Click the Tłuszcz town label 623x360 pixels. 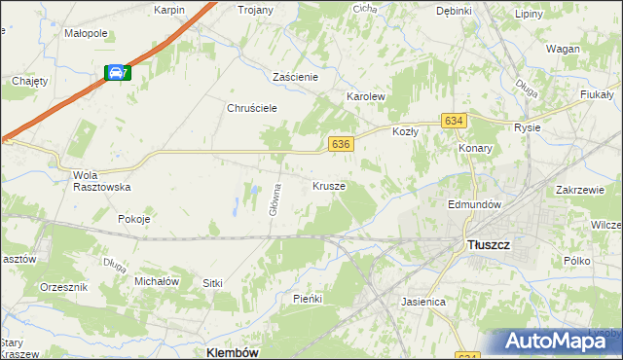tap(487, 245)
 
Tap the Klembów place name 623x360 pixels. tap(233, 352)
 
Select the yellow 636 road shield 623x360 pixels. tap(340, 143)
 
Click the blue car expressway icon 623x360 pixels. tap(116, 72)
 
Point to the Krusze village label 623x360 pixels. tap(329, 185)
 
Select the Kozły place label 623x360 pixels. tap(404, 130)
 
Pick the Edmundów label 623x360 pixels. tap(473, 205)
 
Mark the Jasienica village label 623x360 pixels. tap(423, 302)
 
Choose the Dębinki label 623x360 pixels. tap(454, 11)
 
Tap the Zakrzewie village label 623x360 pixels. tap(582, 191)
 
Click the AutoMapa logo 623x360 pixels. tap(558, 341)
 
